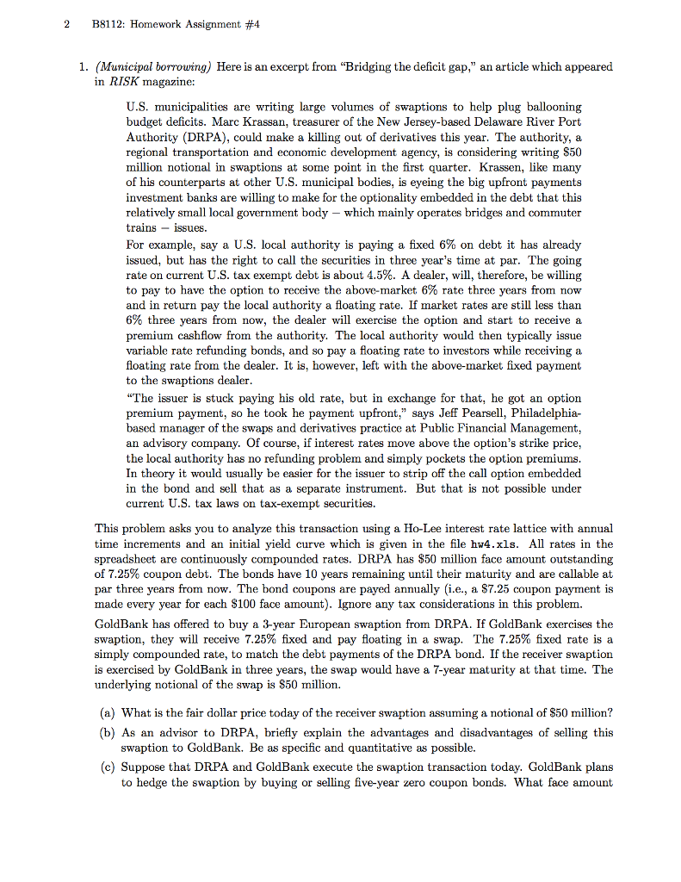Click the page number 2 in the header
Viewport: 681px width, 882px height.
click(66, 23)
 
